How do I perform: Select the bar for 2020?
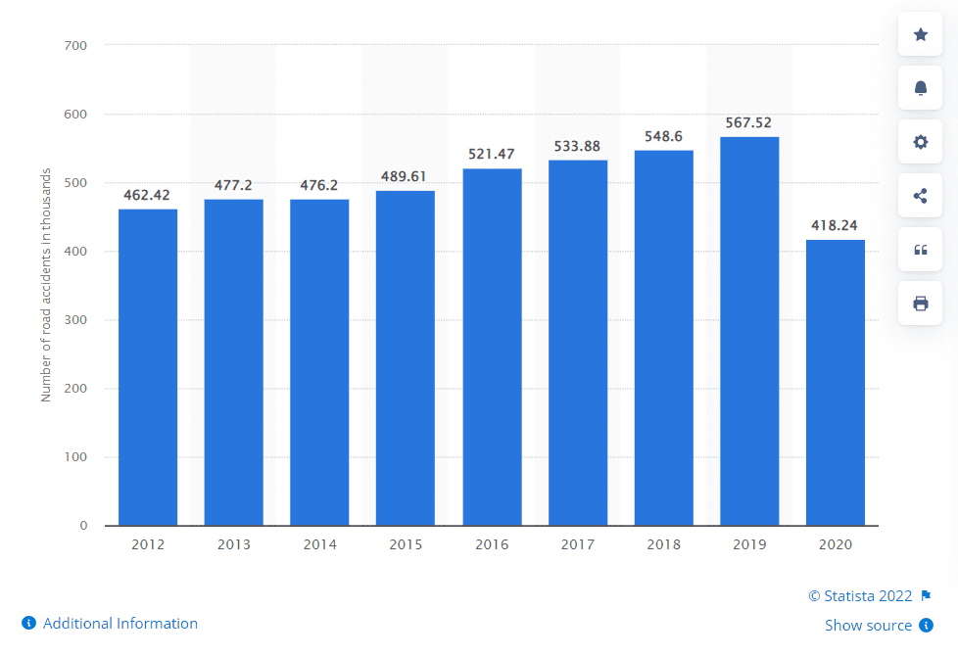(x=835, y=382)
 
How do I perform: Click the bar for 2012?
(x=148, y=367)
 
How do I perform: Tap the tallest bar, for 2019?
(x=749, y=331)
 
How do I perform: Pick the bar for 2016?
(x=492, y=347)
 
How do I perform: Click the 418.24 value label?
(x=835, y=225)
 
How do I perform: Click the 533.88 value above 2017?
(x=578, y=146)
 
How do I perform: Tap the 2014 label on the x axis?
(x=319, y=544)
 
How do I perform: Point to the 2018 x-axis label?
(x=663, y=544)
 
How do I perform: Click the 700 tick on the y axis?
(x=75, y=45)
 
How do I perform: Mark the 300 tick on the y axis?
(x=75, y=320)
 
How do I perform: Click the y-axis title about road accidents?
(x=45, y=286)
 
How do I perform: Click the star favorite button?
(x=920, y=35)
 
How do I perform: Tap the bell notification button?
(x=920, y=88)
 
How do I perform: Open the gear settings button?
(x=920, y=142)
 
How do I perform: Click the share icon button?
(x=920, y=196)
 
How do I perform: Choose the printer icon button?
(x=920, y=304)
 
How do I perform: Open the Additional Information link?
(x=120, y=624)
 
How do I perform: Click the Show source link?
(x=868, y=626)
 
